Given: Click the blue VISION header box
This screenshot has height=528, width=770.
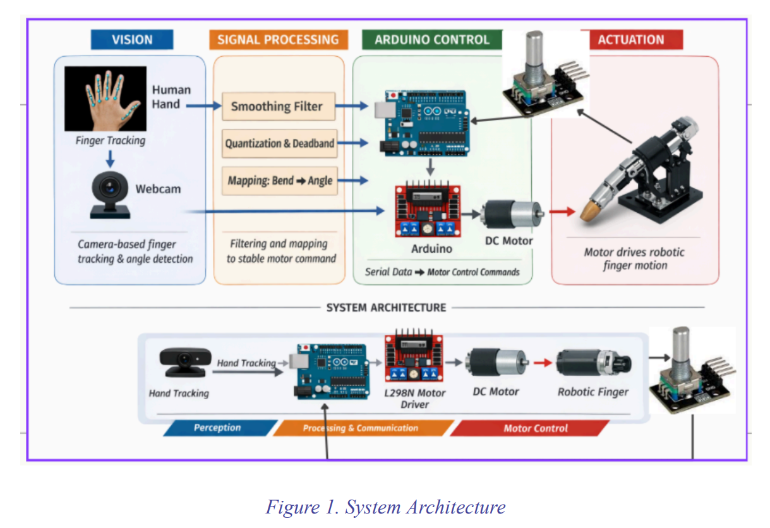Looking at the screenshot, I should tap(131, 40).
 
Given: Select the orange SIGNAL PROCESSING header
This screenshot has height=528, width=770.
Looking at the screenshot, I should tap(278, 40).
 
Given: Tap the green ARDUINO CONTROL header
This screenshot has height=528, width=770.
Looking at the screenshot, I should tap(431, 40).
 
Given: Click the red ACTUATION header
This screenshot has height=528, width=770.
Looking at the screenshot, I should tap(630, 40).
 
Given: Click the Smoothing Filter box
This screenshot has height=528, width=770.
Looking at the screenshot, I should tap(277, 106).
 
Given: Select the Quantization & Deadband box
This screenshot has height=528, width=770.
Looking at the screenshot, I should tap(279, 143).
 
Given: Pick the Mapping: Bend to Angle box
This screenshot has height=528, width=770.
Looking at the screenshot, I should tap(279, 181).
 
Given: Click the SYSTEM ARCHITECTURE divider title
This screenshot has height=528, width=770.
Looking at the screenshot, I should tap(386, 308).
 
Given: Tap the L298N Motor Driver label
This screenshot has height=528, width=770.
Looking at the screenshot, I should tap(415, 399).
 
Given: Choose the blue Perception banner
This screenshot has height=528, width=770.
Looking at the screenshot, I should tap(218, 428).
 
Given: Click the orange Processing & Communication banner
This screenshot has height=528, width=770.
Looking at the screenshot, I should tap(361, 428).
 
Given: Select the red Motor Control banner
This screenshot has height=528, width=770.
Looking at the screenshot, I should tap(535, 428).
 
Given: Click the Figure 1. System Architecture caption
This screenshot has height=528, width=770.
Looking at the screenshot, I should tap(385, 507).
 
